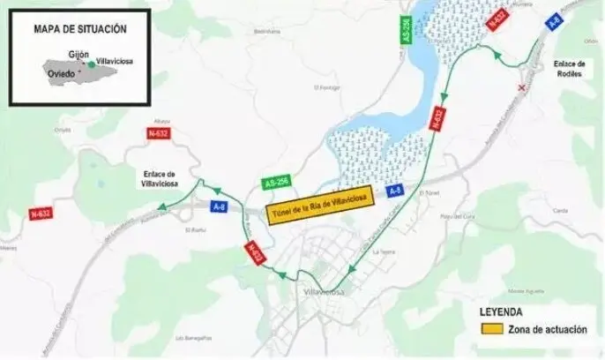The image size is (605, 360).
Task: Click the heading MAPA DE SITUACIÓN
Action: point(80,29)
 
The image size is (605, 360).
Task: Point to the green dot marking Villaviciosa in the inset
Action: point(90,64)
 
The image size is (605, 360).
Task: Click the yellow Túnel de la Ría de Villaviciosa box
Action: point(321,202)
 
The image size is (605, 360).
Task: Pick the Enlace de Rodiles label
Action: point(570,69)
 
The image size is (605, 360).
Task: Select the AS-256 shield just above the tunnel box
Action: point(276,182)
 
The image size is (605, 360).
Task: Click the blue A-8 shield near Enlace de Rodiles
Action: point(555,22)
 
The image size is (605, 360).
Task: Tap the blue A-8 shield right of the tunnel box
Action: point(396,191)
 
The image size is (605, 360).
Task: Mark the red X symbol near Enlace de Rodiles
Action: point(524,87)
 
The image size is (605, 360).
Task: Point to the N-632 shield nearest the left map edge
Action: point(41,214)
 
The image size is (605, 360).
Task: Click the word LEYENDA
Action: point(500,312)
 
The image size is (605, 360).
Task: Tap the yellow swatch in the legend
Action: point(490,330)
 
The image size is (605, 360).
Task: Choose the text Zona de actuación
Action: point(547,330)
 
